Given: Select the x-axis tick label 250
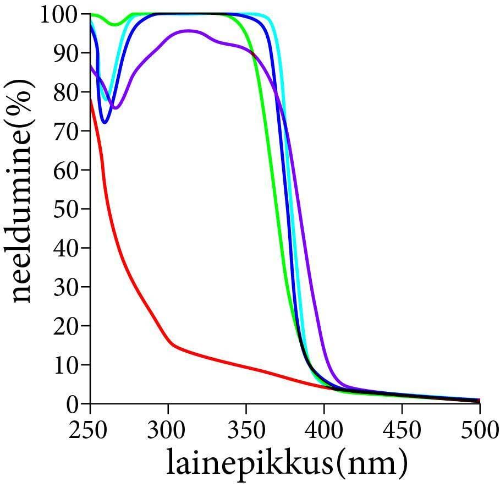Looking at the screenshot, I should coord(90,429).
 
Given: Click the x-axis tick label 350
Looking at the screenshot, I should coord(246,429).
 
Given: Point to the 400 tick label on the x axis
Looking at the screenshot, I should coord(324,429).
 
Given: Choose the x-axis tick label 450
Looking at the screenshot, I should coord(402,429).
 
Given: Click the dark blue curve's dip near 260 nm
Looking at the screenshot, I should coord(105,122).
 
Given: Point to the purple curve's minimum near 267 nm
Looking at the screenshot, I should coord(116,107).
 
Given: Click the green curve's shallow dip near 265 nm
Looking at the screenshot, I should coord(114,24).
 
